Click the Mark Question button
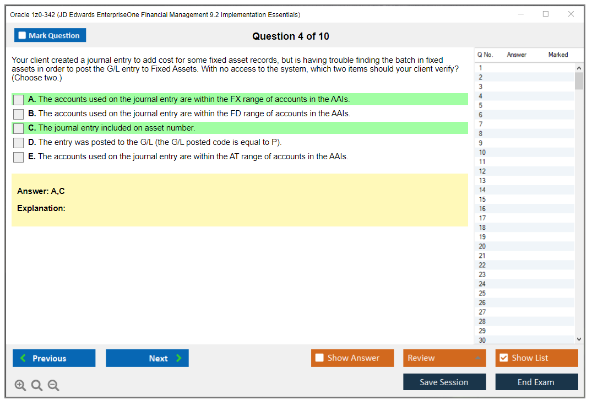click(x=50, y=35)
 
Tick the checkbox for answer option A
click(x=19, y=100)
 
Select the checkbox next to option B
click(x=19, y=114)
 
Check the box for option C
click(x=19, y=128)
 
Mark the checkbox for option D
click(x=19, y=143)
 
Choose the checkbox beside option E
click(x=19, y=157)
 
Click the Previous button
click(x=54, y=358)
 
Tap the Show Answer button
click(x=352, y=358)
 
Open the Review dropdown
click(x=444, y=358)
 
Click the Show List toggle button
click(x=536, y=358)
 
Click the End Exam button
click(x=536, y=382)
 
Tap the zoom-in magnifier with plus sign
click(x=20, y=385)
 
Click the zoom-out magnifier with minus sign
click(x=53, y=385)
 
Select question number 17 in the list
click(x=482, y=218)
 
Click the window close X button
click(x=571, y=14)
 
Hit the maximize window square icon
click(x=546, y=14)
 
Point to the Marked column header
click(x=558, y=55)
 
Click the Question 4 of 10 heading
click(x=291, y=36)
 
